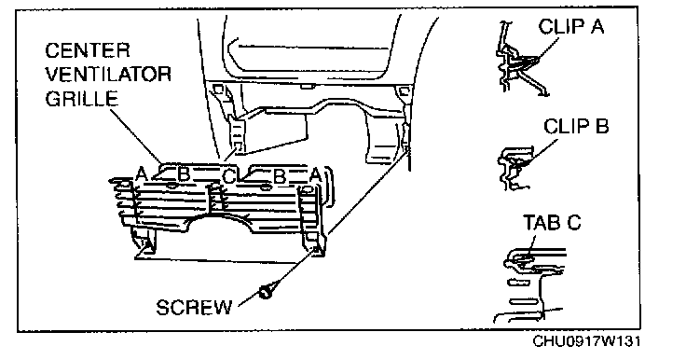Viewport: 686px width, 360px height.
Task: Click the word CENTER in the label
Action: click(x=87, y=50)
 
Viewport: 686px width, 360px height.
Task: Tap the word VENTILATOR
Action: click(x=108, y=75)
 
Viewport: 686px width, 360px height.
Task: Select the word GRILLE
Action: click(x=82, y=99)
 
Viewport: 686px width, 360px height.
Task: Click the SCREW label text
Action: click(x=194, y=308)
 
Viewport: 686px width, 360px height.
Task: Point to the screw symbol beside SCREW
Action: click(x=265, y=291)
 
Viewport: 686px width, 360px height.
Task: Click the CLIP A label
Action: click(x=571, y=27)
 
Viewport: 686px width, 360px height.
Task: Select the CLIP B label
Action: click(x=576, y=127)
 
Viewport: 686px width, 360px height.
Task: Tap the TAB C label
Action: click(x=552, y=223)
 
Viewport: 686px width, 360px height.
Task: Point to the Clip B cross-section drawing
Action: click(x=515, y=168)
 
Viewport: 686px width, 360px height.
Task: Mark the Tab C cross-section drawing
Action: click(x=530, y=284)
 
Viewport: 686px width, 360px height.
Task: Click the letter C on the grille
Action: click(x=228, y=176)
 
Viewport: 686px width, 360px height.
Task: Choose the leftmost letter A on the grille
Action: click(x=141, y=174)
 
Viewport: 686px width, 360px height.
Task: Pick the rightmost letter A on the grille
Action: click(x=315, y=175)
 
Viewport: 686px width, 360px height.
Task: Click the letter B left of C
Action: click(x=184, y=174)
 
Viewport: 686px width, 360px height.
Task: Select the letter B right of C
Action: click(x=279, y=176)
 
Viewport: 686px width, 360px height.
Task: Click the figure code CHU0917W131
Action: click(x=586, y=341)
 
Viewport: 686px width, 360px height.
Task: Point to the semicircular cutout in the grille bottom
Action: click(x=220, y=217)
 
